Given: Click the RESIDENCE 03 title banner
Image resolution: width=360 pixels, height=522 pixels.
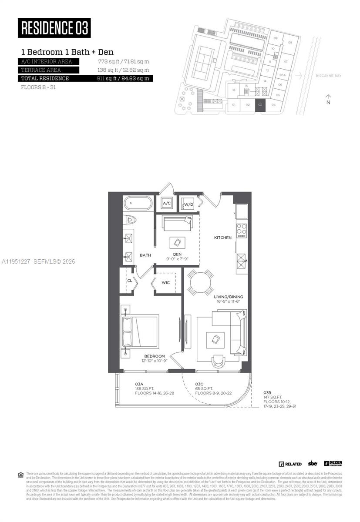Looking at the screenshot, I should pyautogui.click(x=54, y=28).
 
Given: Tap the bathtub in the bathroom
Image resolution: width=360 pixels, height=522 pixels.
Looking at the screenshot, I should pyautogui.click(x=138, y=204).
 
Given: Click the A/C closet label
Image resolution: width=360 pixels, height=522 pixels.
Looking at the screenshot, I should pyautogui.click(x=166, y=203).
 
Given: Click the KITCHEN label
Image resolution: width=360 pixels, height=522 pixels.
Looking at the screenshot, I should pyautogui.click(x=222, y=238).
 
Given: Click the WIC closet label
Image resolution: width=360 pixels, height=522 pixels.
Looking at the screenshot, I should pyautogui.click(x=165, y=283).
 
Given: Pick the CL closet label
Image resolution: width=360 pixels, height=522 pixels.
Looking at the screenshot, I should pyautogui.click(x=129, y=281).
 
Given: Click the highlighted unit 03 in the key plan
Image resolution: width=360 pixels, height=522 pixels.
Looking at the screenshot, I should pyautogui.click(x=260, y=105).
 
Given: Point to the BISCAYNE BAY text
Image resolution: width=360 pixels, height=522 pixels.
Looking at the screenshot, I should pyautogui.click(x=329, y=75).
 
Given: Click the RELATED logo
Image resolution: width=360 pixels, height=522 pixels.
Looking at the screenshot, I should pyautogui.click(x=290, y=464).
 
